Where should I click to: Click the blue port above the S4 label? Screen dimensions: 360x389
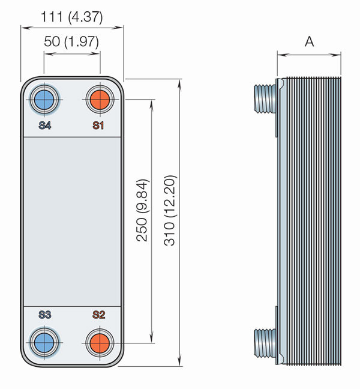tap(44, 100)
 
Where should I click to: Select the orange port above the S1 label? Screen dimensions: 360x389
tap(100, 100)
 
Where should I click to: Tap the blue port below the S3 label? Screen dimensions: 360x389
tap(44, 343)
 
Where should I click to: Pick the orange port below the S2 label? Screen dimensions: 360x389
tap(100, 343)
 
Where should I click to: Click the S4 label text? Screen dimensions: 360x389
tap(44, 125)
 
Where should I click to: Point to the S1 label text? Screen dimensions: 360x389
tap(98, 125)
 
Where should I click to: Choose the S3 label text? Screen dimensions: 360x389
tap(44, 315)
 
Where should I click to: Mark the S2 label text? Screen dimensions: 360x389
tap(98, 315)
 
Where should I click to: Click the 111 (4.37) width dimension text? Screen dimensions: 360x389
tap(71, 17)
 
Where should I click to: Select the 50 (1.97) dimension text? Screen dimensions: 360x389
tap(71, 41)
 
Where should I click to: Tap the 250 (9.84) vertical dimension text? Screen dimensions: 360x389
tap(143, 210)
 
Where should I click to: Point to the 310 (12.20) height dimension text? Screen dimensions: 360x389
tap(170, 210)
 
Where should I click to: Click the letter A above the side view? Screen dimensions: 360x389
tap(309, 41)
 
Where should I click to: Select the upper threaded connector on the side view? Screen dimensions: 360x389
tap(265, 98)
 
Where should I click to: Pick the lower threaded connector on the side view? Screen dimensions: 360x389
tap(265, 343)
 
